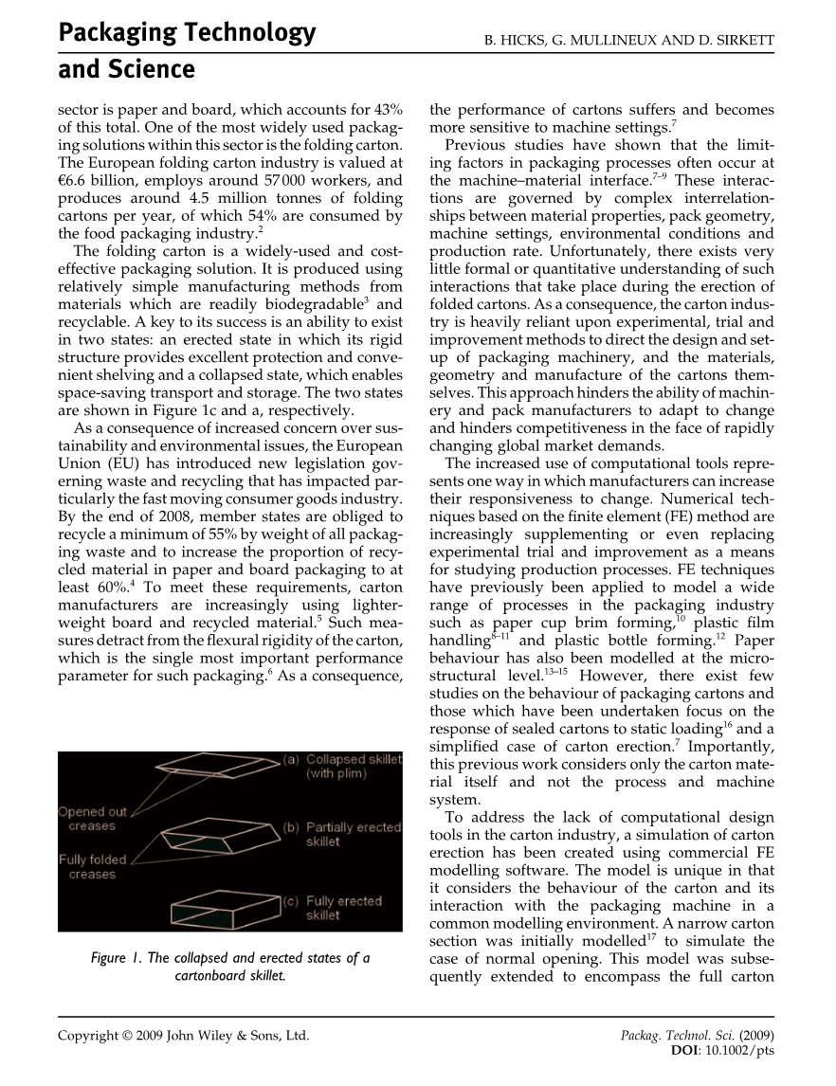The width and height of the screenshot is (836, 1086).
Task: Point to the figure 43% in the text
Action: point(387,108)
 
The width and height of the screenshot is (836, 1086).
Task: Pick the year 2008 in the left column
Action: point(179,516)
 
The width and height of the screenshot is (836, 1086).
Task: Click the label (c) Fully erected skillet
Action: point(334,908)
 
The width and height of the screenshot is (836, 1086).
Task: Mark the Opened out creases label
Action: point(92,819)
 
